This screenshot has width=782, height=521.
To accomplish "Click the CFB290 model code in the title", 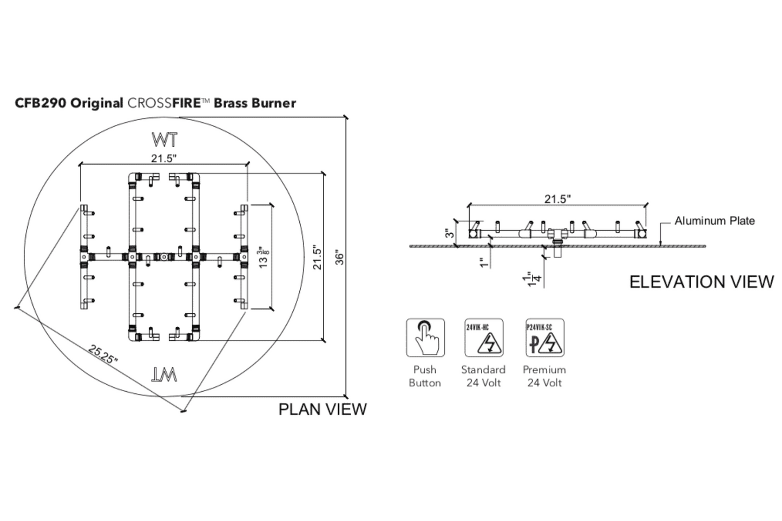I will pos(41,103).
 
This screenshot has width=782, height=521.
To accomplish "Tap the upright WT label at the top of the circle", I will pos(165,140).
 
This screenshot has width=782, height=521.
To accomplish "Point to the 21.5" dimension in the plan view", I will pos(163,158).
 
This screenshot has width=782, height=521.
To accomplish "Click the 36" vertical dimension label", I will pos(339,257).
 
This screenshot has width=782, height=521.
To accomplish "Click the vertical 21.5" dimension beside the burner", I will pos(317,258).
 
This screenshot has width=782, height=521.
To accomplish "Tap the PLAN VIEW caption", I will pos(323,409).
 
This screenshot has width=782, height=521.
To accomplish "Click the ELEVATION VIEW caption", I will pos(701,282).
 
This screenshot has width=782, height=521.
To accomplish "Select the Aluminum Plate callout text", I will pos(714,221).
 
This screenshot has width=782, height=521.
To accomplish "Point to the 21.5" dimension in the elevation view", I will pos(557,199).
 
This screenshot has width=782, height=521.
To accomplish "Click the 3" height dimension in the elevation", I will pos(449,234).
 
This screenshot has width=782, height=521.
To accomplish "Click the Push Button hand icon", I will pos(425,338).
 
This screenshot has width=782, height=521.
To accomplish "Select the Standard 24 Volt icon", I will pos(484,338).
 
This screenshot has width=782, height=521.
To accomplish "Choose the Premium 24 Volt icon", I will pos(544,338).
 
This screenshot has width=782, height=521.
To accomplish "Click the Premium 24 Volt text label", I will pos(544,376).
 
